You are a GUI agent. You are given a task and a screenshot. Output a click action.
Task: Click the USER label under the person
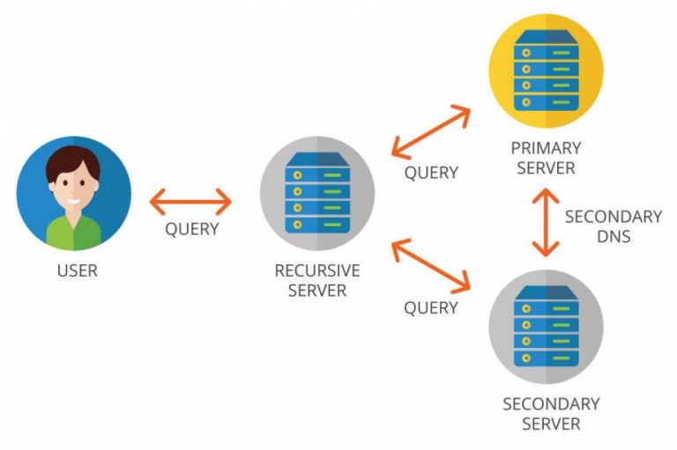tap(77, 270)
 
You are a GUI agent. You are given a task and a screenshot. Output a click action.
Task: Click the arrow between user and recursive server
tap(190, 202)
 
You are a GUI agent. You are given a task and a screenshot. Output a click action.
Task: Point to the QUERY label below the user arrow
tap(191, 229)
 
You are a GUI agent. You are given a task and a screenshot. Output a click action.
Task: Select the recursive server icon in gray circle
tap(316, 194)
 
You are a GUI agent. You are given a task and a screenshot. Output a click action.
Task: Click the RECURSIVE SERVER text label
tap(316, 280)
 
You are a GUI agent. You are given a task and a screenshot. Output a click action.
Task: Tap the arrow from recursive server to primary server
tap(433, 132)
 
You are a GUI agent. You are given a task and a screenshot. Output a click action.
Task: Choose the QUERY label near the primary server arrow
tap(431, 173)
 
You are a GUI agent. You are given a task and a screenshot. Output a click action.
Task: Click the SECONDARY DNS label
tap(613, 225)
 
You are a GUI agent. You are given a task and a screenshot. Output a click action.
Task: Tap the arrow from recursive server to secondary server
tap(432, 265)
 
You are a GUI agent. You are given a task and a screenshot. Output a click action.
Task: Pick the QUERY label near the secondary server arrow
tap(431, 308)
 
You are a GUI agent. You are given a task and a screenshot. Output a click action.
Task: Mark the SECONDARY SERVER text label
tap(551, 414)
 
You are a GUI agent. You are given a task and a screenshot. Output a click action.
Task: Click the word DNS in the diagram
tap(613, 236)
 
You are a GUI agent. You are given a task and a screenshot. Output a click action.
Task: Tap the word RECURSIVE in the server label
tap(316, 270)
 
